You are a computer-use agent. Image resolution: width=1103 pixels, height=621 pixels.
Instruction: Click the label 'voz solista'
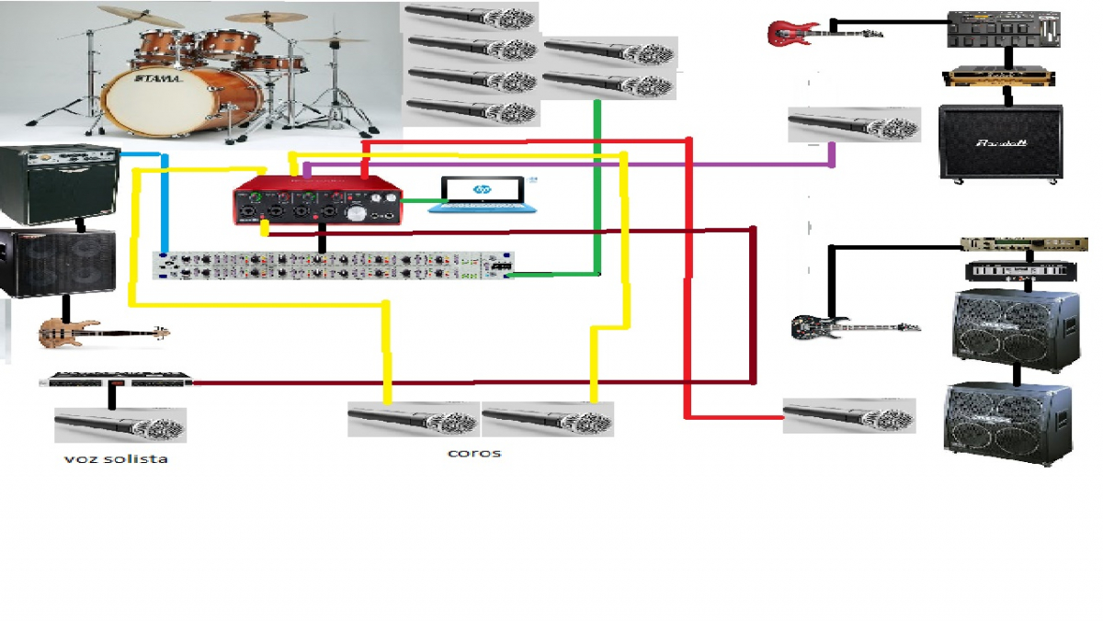click(116, 458)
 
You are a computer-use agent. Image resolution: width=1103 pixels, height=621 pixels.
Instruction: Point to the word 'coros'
click(474, 453)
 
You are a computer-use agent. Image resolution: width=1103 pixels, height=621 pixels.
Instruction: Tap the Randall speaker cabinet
click(1001, 141)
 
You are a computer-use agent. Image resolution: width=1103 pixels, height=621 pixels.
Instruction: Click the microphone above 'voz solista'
click(120, 426)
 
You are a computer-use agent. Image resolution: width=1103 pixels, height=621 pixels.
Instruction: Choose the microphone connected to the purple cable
click(853, 125)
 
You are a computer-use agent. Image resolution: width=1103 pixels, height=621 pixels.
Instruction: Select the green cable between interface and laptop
click(421, 200)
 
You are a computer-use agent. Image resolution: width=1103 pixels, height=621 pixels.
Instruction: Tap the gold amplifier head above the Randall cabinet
click(1000, 76)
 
